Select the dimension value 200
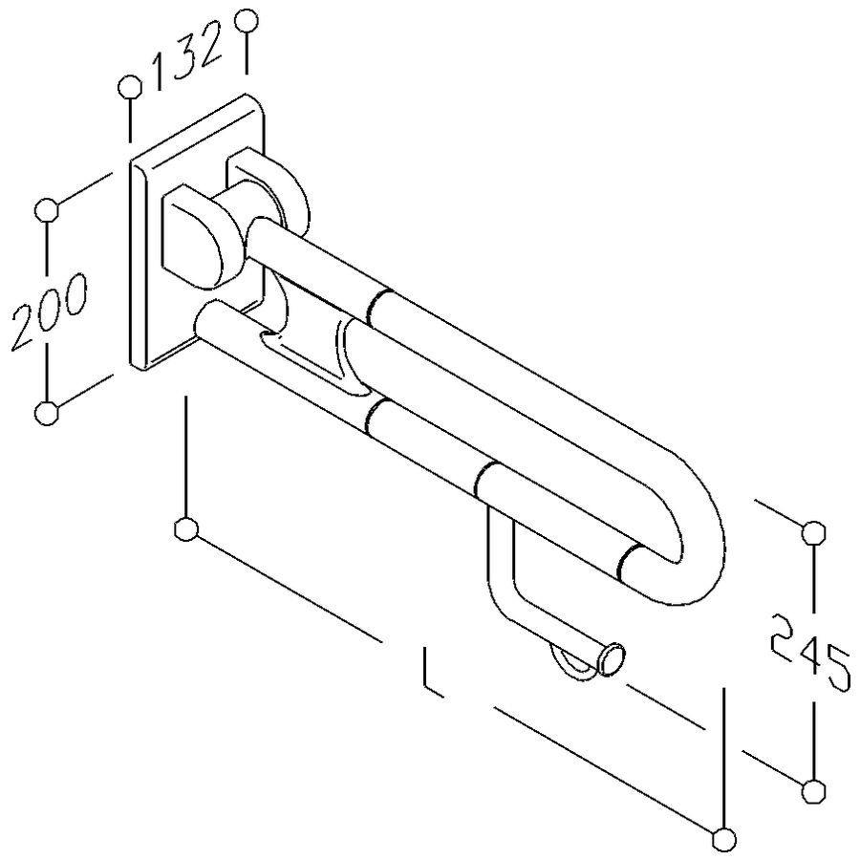coord(48,310)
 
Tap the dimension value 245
coord(810,652)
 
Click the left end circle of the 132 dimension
coord(130,88)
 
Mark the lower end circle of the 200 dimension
coord(46,413)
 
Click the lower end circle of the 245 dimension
coord(813,790)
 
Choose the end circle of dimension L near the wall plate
coord(187,528)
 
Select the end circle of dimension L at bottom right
coord(724,838)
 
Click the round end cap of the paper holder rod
coord(612,659)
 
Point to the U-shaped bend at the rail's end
coord(693,545)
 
